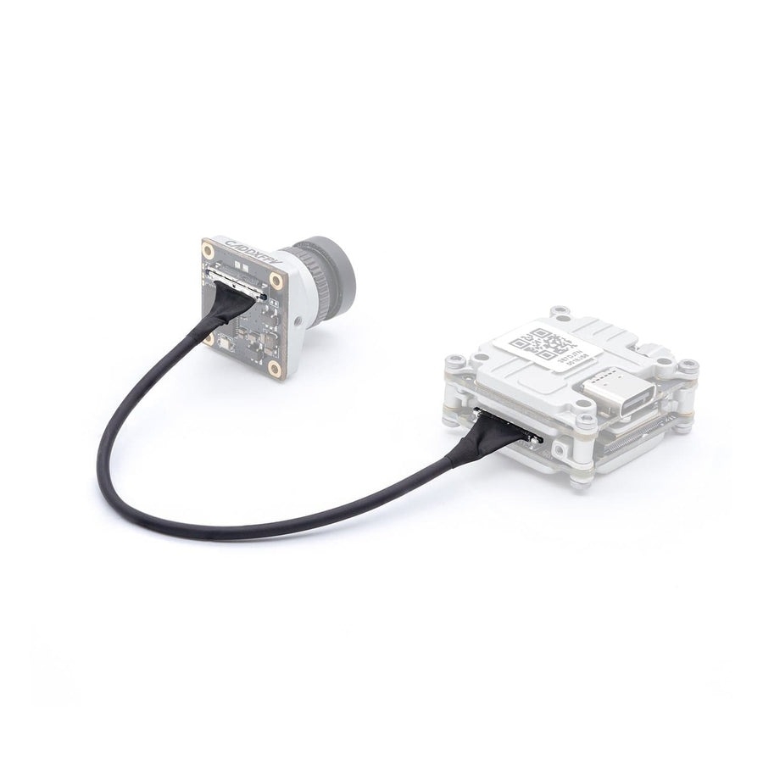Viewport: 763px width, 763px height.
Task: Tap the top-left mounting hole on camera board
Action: click(x=208, y=250)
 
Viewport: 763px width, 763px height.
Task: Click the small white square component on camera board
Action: click(x=224, y=343)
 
